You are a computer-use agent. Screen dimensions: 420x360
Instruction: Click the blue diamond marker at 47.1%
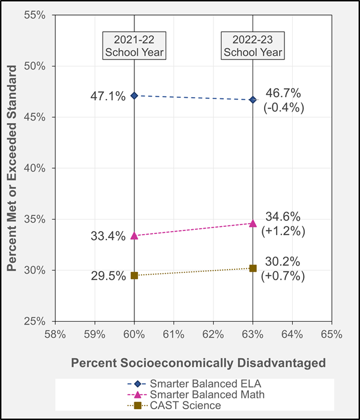(134, 95)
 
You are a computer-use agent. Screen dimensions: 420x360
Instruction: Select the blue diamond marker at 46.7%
(253, 100)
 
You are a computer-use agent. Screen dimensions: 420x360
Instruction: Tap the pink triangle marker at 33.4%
(134, 236)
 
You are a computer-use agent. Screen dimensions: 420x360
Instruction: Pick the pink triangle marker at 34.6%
(253, 223)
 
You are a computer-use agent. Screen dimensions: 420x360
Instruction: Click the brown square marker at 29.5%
(134, 275)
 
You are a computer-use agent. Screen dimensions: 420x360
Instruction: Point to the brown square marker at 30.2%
(253, 268)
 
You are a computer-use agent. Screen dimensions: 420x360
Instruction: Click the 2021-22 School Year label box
(134, 46)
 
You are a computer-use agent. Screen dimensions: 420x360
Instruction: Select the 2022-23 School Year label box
(253, 46)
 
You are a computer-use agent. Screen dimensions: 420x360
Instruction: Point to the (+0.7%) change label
(284, 277)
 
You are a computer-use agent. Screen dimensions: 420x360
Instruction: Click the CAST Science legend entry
(186, 406)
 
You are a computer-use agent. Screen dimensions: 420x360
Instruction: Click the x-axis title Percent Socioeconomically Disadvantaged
(198, 363)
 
